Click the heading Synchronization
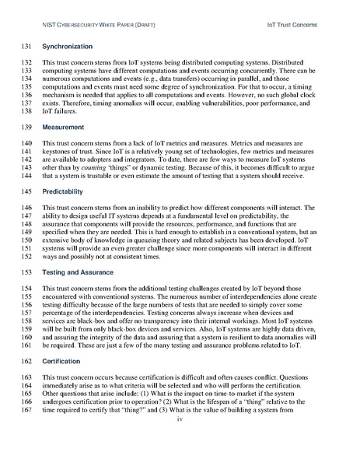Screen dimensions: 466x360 click(x=66, y=46)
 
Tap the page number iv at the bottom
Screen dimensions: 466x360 click(x=180, y=441)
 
